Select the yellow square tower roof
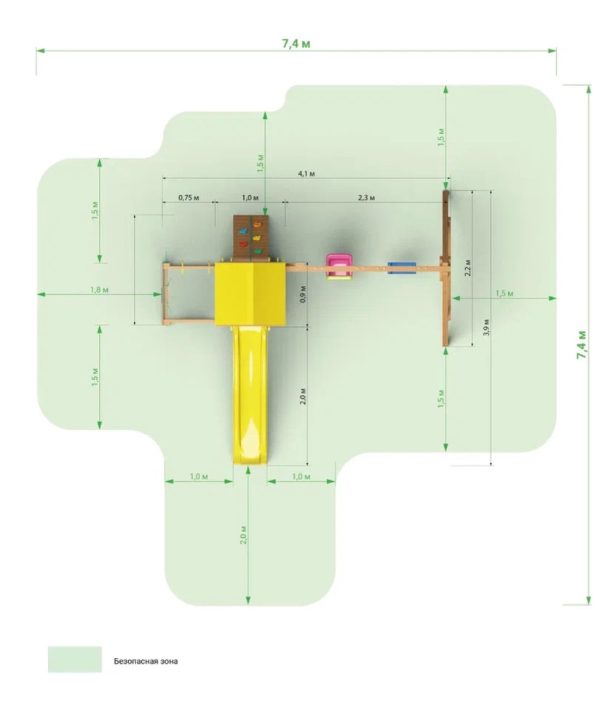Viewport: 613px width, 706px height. pyautogui.click(x=250, y=293)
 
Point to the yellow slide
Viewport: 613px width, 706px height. pyautogui.click(x=250, y=395)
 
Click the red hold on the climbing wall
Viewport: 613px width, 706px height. pyautogui.click(x=243, y=245)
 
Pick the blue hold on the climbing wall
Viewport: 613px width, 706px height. pyautogui.click(x=243, y=230)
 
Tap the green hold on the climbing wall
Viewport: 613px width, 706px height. pyautogui.click(x=258, y=251)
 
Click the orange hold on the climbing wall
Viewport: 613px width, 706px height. pyautogui.click(x=257, y=223)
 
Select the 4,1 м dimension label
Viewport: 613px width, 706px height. pyautogui.click(x=306, y=173)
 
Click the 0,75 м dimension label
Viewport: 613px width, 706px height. pyautogui.click(x=189, y=197)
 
